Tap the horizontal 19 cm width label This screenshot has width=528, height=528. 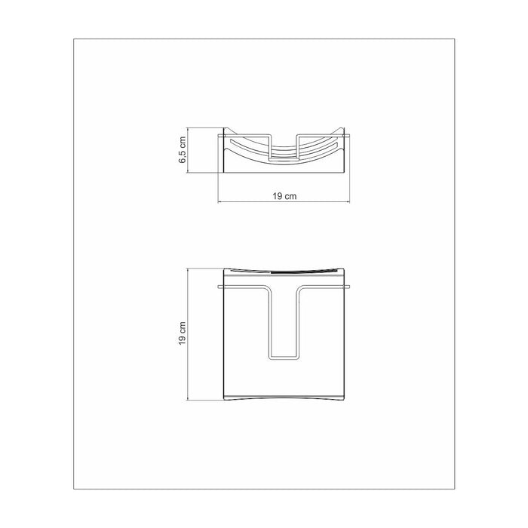[284, 196]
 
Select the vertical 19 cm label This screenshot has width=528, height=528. [182, 332]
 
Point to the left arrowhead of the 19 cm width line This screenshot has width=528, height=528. [220, 202]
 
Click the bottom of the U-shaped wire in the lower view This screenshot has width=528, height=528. [284, 355]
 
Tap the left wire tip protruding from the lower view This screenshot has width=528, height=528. [218, 287]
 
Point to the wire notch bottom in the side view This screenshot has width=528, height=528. [284, 161]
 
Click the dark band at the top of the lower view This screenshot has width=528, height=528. [284, 269]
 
